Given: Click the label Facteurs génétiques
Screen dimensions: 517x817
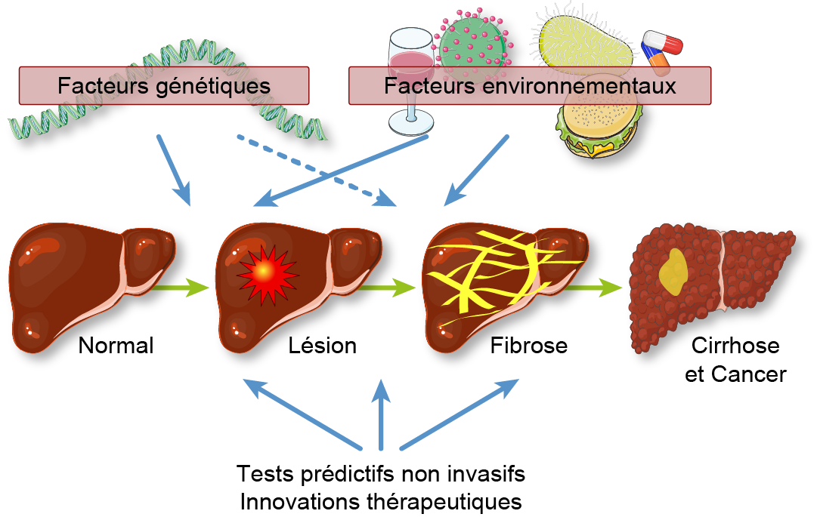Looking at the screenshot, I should (x=164, y=85).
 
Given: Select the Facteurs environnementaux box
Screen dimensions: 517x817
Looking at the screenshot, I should (x=529, y=85).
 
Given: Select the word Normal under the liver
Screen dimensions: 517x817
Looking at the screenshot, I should (x=116, y=346).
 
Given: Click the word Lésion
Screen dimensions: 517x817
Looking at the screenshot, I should (x=323, y=346).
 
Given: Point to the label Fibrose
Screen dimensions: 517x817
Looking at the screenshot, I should (x=529, y=346).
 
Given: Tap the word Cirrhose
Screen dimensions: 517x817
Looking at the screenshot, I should (x=735, y=346).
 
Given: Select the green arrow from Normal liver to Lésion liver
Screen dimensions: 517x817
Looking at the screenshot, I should (x=181, y=287).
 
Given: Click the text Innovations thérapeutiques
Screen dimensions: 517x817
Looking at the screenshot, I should (x=380, y=500).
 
